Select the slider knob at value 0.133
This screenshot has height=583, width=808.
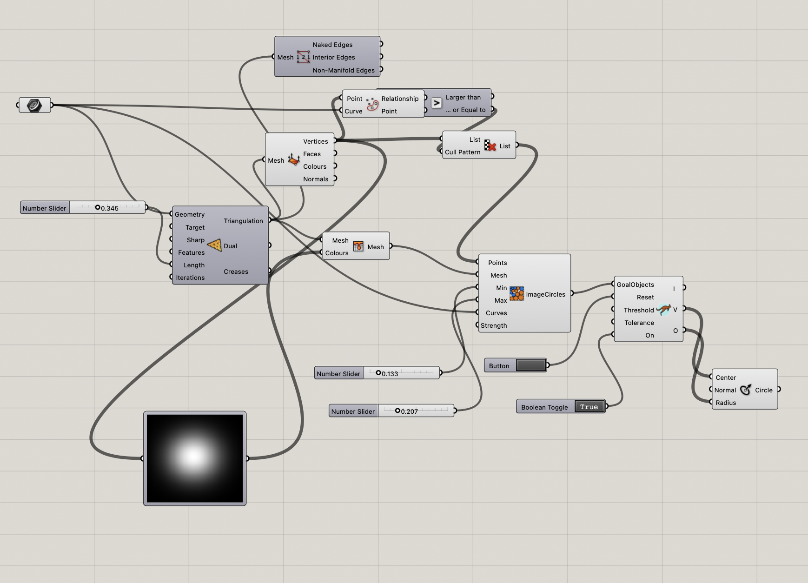tap(378, 373)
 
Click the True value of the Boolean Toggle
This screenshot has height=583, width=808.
tap(589, 407)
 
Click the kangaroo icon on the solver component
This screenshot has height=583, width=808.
tap(663, 310)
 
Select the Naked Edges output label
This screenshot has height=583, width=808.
tap(332, 45)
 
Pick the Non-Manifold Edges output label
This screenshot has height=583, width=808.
tap(344, 70)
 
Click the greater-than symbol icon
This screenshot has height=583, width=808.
tap(436, 103)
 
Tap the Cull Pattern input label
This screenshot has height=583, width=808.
tap(463, 152)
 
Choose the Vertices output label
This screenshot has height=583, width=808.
tap(316, 141)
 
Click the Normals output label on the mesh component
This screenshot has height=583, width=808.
tap(316, 179)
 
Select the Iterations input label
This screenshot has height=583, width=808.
tap(190, 278)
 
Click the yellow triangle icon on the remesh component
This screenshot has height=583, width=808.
tap(214, 245)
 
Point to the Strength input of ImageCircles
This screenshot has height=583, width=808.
tap(494, 325)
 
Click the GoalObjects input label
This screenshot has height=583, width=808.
tap(635, 285)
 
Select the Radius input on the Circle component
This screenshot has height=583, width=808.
tap(726, 403)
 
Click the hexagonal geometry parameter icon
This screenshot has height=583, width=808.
tap(34, 105)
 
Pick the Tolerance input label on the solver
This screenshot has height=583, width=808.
tap(639, 323)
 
